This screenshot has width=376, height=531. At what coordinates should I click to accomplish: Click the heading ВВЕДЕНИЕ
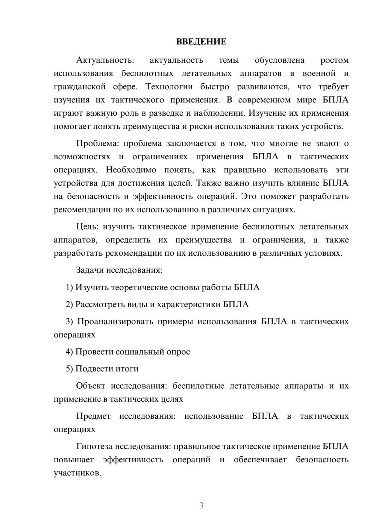tap(201, 42)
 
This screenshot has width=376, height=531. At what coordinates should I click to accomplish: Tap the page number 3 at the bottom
tap(201, 505)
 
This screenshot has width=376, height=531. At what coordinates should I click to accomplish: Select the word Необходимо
tap(131, 170)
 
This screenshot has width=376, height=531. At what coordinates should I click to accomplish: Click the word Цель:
tap(87, 226)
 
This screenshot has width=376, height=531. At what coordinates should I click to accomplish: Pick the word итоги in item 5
tap(126, 369)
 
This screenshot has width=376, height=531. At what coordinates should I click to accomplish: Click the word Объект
tap(90, 386)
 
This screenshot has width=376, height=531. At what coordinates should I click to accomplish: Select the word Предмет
tap(93, 416)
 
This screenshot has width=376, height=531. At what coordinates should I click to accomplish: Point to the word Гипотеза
tap(94, 446)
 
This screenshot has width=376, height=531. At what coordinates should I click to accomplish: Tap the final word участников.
tap(77, 473)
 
